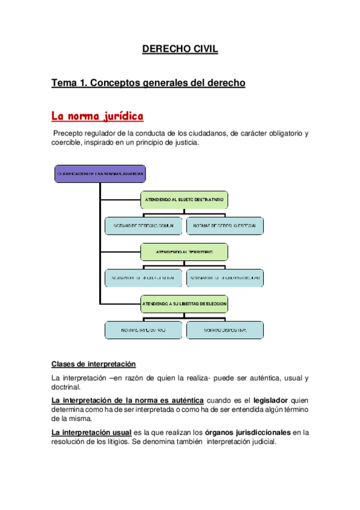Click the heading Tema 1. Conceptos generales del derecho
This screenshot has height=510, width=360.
pos(148,83)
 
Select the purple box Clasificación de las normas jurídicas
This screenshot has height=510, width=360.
pos(100,173)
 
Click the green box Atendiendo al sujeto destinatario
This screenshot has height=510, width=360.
pos(184,199)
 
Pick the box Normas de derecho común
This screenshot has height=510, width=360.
pos(143,226)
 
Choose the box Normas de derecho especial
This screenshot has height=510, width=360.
pos(225,226)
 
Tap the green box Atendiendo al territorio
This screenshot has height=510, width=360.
pos(184,251)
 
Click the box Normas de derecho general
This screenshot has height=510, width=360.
pos(143,278)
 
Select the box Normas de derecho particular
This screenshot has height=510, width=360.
pos(225,278)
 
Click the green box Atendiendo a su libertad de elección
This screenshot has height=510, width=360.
pos(184,304)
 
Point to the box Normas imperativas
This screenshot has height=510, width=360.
pos(143,330)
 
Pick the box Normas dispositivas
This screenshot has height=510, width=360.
pos(225,330)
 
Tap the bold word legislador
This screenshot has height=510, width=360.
pos(270,400)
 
